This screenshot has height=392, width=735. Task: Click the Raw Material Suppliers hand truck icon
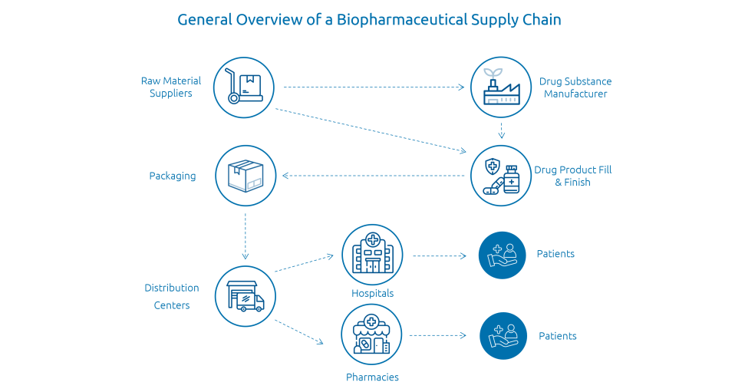point(244,87)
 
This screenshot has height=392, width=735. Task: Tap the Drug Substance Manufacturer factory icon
point(501,87)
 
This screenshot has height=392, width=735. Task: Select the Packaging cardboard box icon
point(246,176)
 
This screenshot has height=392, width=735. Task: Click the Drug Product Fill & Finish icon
point(501,176)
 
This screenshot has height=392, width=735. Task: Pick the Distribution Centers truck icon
point(246,296)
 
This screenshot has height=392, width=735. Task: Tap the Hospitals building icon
point(372,255)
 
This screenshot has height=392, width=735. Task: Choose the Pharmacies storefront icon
point(371,334)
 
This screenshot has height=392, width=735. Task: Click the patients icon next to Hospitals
point(502,255)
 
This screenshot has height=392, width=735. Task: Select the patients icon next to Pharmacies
point(503,336)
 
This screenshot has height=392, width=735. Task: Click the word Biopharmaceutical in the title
point(402,20)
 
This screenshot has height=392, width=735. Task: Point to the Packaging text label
point(173,176)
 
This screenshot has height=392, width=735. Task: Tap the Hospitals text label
point(372,294)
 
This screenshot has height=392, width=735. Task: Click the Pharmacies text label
point(372,377)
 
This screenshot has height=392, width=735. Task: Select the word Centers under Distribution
point(172,305)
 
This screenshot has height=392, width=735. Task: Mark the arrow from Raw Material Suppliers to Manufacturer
point(374,87)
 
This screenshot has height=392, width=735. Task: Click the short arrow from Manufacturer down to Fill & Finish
point(501,131)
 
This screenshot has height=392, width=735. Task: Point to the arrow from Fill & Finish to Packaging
point(373,176)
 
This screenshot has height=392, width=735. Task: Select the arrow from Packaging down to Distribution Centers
point(246,236)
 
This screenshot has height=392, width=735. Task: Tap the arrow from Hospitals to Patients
point(440,256)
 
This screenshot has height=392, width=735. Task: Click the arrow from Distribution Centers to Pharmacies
point(299,332)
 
